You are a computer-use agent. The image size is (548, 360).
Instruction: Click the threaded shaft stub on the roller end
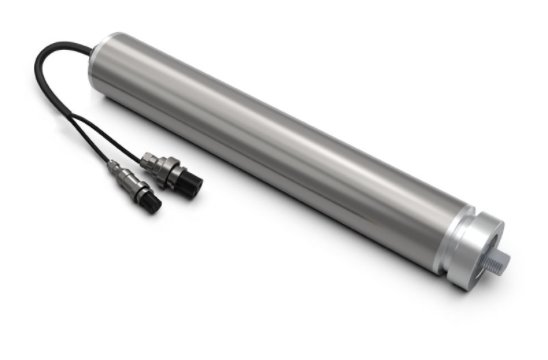pyautogui.click(x=499, y=261)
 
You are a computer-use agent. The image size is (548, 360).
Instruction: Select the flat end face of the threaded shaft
pyautogui.click(x=505, y=262)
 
